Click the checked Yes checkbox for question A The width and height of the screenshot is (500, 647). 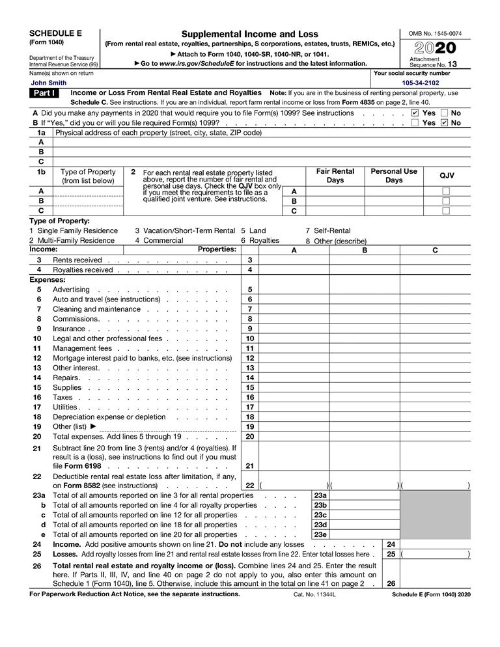pyautogui.click(x=415, y=113)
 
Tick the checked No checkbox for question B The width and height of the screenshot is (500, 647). pyautogui.click(x=445, y=122)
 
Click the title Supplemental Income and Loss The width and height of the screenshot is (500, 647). pyautogui.click(x=249, y=34)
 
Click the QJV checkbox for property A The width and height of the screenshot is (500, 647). pyautogui.click(x=446, y=191)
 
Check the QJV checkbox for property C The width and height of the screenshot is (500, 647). pyautogui.click(x=446, y=211)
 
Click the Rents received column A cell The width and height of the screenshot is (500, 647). pyautogui.click(x=294, y=260)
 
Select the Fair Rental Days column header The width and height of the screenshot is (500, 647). pyautogui.click(x=335, y=176)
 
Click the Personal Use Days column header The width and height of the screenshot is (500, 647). pyautogui.click(x=394, y=176)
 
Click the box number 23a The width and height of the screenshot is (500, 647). pyautogui.click(x=320, y=495)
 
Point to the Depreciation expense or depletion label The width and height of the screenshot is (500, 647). pyautogui.click(x=109, y=417)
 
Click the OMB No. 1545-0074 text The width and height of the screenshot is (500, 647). pyautogui.click(x=435, y=33)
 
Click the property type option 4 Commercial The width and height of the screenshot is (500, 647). pyautogui.click(x=159, y=240)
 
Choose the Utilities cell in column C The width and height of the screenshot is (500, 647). pyautogui.click(x=435, y=407)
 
